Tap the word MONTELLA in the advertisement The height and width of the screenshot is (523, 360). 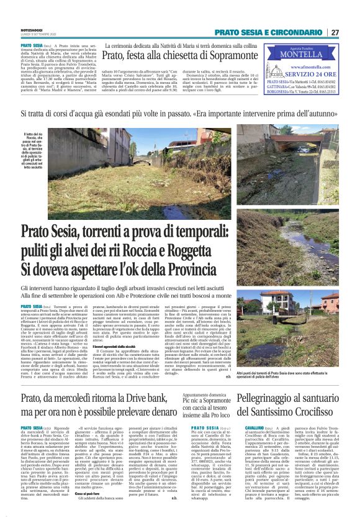click(x=313, y=53)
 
